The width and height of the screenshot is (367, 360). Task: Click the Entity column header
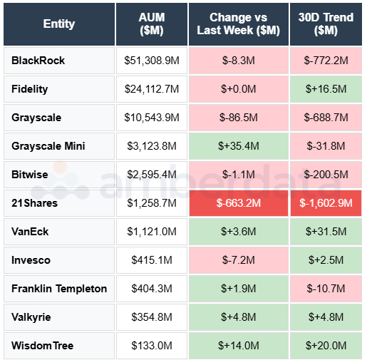58,24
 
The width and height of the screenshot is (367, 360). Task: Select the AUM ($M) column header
152,24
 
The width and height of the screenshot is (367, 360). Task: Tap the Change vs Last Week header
238,24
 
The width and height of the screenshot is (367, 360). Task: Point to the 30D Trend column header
326,24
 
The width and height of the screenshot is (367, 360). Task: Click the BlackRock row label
38,61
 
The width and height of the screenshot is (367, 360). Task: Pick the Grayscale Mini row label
48,146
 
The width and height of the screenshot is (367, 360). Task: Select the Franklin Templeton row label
59,289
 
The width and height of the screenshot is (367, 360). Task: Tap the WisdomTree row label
43,346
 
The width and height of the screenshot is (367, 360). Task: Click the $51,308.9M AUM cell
152,61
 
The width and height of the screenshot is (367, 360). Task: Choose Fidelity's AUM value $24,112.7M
152,89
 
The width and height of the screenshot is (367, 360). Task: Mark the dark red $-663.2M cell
238,203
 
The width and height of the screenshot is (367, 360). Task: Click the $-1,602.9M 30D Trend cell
326,203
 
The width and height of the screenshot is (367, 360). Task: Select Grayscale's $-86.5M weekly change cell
238,118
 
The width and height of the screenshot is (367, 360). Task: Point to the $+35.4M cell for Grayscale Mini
238,146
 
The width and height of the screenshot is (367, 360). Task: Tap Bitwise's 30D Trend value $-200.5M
326,175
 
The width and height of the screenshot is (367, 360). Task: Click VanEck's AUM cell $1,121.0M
152,232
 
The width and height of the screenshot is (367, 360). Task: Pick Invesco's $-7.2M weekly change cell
238,260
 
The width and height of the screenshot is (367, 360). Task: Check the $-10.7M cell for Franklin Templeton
326,289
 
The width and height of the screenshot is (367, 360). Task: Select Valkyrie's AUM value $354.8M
152,317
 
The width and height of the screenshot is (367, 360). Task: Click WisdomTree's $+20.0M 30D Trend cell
326,346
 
